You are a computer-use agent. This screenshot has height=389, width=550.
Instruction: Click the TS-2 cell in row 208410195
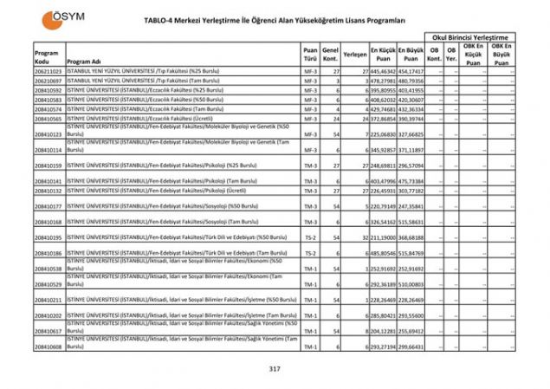coord(310,237)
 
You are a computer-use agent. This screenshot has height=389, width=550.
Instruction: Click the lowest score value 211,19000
coord(384,237)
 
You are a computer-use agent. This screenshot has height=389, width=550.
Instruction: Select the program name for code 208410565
coord(139,119)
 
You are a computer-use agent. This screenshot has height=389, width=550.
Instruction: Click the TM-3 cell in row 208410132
coord(310,191)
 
